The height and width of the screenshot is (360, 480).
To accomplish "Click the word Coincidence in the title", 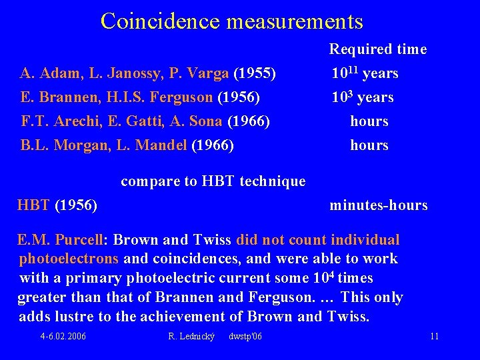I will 161,21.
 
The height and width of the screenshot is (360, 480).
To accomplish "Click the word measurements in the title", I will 295,21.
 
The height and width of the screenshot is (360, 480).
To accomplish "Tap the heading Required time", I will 378,49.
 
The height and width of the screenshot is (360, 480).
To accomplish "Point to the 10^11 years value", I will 365,73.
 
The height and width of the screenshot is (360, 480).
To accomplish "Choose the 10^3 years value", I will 363,97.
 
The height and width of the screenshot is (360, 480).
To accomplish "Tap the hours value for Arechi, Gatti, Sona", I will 369,121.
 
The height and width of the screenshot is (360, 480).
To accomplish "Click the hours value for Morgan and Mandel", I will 369,145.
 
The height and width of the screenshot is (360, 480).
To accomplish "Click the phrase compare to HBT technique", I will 213,181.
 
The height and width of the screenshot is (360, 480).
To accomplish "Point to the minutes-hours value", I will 379,205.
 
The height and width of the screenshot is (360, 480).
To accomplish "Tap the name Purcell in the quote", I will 83,240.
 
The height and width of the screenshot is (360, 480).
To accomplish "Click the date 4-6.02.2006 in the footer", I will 63,336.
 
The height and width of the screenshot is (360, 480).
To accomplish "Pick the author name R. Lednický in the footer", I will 192,336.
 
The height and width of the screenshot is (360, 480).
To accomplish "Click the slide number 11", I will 434,336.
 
